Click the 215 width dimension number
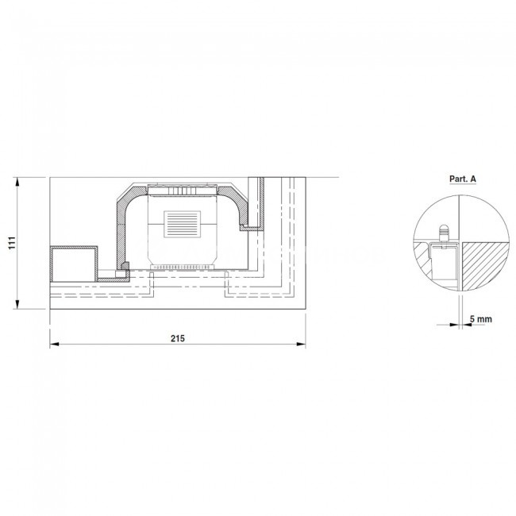[178, 338]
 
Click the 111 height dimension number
[12, 243]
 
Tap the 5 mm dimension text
[481, 319]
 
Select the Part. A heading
[463, 179]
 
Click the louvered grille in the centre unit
[183, 224]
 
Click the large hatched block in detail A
[483, 266]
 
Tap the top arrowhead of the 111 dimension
[18, 182]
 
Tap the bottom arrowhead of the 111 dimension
[18, 304]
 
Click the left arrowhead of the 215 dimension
[54, 345]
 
